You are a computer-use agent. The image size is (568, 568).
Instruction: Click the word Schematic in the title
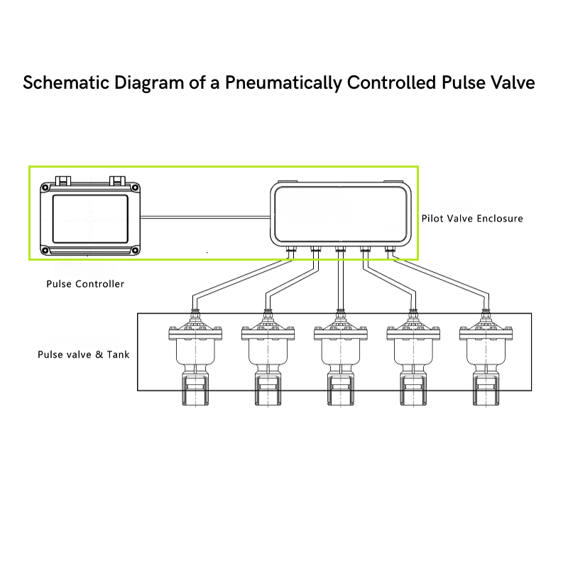[x=66, y=82]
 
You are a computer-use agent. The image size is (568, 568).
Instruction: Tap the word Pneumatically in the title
[x=283, y=83]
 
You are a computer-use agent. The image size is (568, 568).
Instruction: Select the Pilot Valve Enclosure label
[x=472, y=219]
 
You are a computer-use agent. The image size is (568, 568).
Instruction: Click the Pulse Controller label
[x=85, y=283]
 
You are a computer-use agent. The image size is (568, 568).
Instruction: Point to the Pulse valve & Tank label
[x=83, y=354]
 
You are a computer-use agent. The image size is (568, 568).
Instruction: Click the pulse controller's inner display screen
[x=90, y=219]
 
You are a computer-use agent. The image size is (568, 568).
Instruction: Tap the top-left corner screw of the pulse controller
[x=45, y=187]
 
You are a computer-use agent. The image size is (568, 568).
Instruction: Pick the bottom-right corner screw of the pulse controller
[x=135, y=251]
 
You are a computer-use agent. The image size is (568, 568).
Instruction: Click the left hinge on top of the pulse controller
[x=63, y=180]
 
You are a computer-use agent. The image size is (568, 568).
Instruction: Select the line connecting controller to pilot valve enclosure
[x=205, y=217]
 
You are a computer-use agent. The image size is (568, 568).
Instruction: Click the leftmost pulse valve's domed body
[x=196, y=352]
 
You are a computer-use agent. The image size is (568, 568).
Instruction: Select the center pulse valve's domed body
[x=341, y=352]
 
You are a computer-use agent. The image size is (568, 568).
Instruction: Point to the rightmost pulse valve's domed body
[x=486, y=352]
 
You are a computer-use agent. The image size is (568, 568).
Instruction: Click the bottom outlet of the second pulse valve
[x=268, y=390]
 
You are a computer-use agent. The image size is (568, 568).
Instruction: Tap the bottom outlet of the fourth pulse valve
[x=413, y=390]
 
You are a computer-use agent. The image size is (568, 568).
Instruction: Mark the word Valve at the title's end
[x=513, y=82]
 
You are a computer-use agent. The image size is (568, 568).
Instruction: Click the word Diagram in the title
[x=149, y=83]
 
